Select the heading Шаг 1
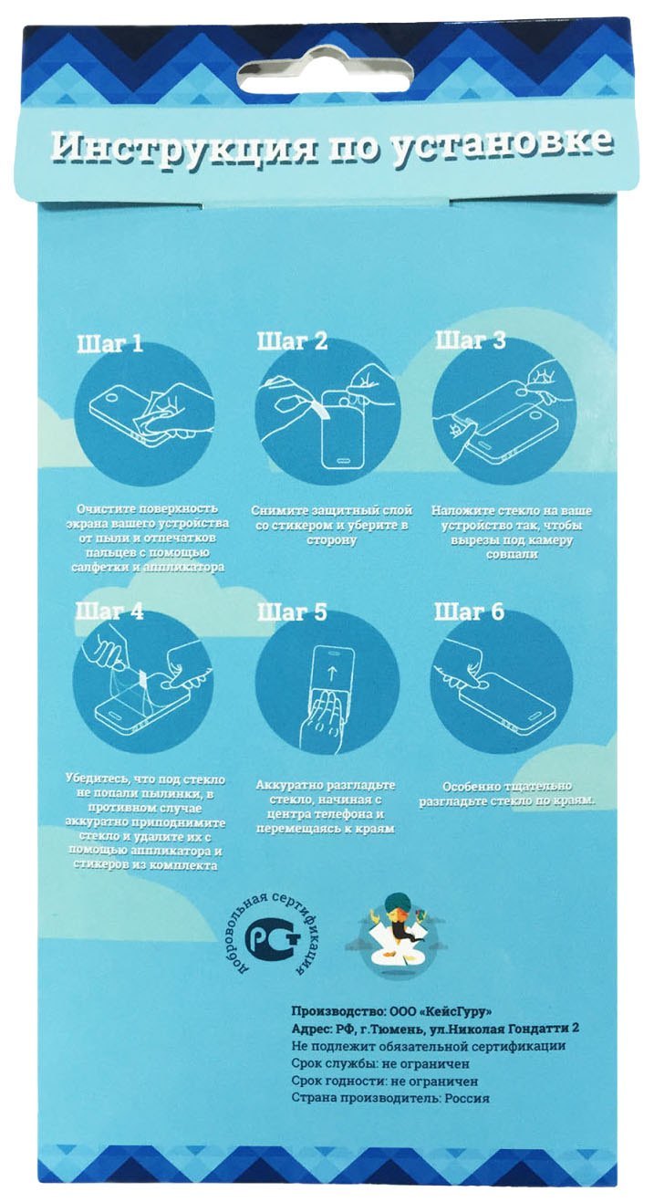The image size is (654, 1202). (110, 344)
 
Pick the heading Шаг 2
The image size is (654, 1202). (292, 341)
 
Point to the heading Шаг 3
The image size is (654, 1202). (470, 340)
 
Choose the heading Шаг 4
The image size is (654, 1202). (109, 611)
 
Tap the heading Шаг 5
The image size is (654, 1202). (292, 612)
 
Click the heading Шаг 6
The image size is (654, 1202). (469, 611)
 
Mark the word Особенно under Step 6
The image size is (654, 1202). (471, 788)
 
